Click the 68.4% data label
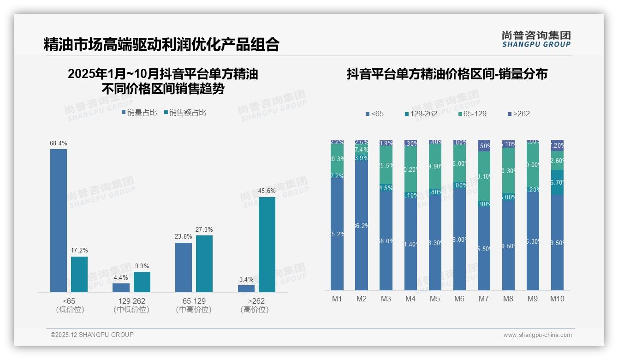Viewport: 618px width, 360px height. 58,144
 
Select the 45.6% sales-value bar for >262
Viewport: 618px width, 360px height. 267,245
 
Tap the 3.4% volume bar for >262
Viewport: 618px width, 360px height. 246,288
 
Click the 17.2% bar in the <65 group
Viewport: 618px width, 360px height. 79,274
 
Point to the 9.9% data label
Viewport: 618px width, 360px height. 142,266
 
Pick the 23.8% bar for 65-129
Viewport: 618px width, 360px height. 184,267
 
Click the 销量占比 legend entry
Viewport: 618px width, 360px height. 139,112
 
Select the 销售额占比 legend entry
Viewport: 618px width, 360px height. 185,112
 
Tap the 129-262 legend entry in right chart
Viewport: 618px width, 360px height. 420,114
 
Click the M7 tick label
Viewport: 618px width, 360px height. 483,299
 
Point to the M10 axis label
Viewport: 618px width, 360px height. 557,299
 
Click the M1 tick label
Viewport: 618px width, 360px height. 337,299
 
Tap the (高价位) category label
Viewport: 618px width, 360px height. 255,310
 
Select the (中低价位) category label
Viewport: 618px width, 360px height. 131,310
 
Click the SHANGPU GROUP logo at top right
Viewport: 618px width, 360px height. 536,39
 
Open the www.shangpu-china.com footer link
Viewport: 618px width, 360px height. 537,335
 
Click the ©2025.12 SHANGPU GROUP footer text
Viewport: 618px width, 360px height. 92,335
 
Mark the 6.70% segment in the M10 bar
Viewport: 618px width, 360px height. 557,182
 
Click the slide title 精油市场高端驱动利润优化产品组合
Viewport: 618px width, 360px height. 161,44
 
